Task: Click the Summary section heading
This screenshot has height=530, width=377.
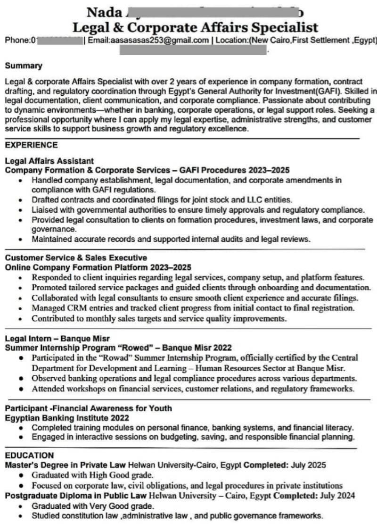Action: point(24,66)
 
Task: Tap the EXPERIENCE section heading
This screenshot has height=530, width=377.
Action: point(31,145)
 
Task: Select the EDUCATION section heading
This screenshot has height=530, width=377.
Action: point(29,455)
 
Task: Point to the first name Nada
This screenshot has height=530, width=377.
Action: point(104,12)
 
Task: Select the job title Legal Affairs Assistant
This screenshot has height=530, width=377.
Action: point(49,161)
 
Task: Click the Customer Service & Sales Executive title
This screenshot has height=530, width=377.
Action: point(76,258)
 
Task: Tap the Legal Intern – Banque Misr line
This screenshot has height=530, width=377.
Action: point(57,339)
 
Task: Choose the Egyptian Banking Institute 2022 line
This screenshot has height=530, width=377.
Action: point(67,418)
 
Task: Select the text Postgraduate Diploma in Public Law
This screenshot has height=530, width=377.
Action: point(75,496)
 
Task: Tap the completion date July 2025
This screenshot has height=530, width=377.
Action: point(309,465)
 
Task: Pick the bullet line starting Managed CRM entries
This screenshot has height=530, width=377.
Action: point(193,308)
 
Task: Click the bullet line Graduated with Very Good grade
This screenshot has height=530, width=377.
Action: point(92,506)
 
